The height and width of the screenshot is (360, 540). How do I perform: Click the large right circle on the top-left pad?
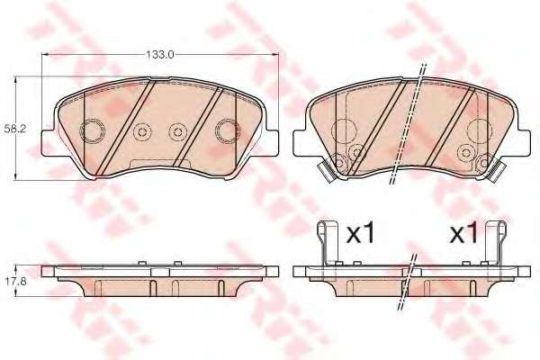tap(226, 131)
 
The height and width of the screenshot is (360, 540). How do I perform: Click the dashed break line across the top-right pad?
tap(406, 126)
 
